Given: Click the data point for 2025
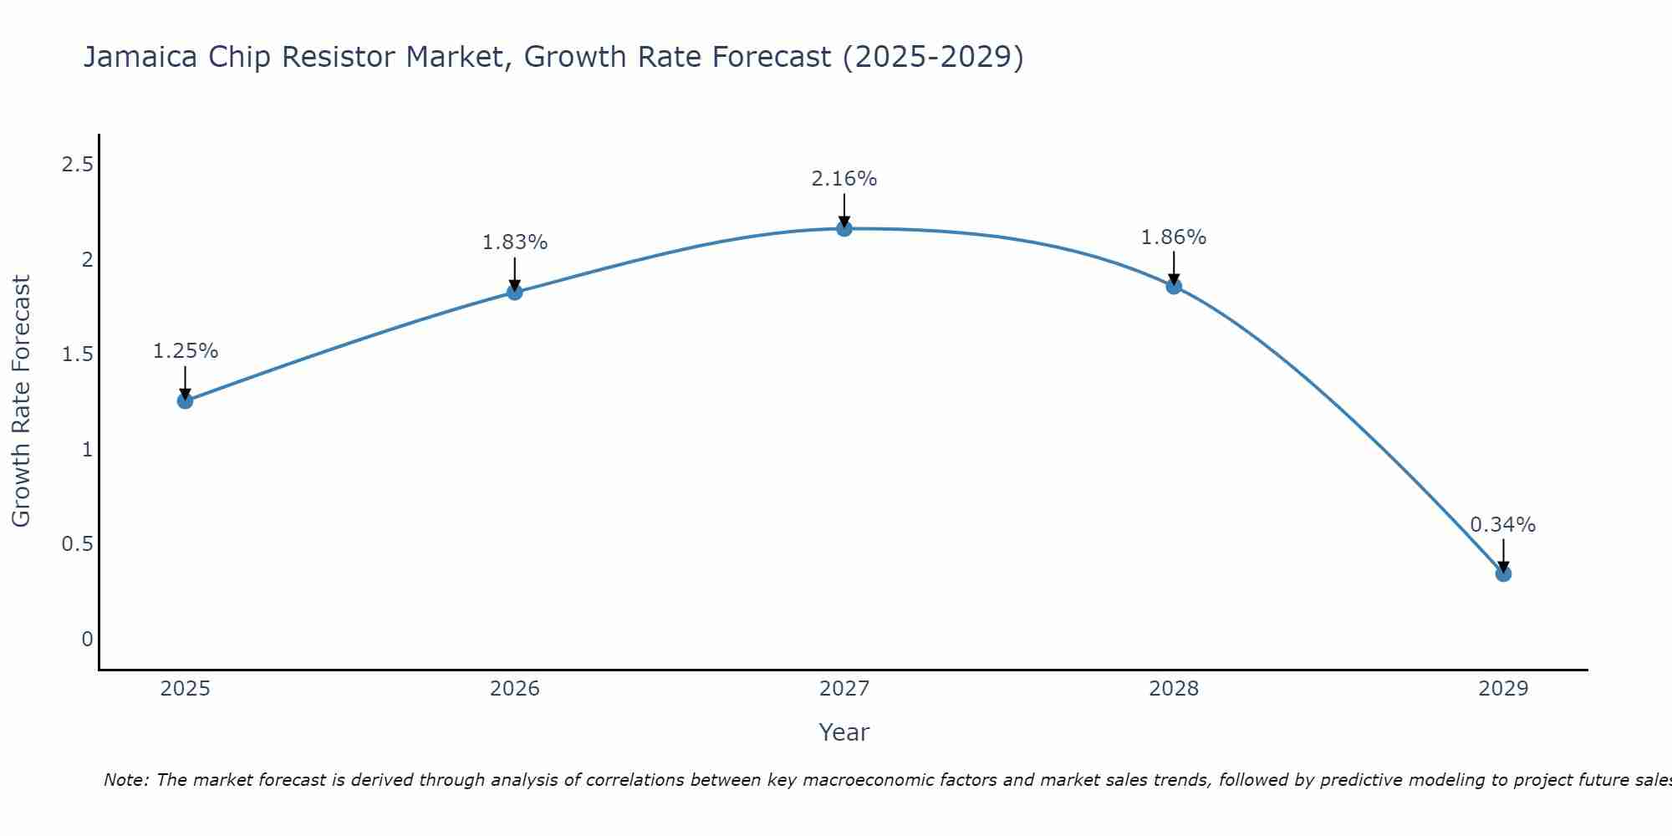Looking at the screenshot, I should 185,401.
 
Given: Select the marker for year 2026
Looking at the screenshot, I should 515,292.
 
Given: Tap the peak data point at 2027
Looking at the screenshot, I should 844,228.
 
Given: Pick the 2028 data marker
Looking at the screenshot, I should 1174,286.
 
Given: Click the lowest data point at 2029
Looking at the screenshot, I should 1503,573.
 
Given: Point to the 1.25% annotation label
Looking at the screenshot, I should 185,351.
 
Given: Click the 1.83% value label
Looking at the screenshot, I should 515,242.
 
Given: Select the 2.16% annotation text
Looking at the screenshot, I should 844,179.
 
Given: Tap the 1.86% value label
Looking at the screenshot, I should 1174,237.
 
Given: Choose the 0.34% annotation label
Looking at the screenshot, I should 1503,525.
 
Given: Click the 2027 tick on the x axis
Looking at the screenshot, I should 844,689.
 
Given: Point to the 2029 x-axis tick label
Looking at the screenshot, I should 1503,689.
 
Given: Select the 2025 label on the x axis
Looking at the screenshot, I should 185,689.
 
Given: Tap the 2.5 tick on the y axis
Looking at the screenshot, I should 77,165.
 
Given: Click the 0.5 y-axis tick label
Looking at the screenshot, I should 77,544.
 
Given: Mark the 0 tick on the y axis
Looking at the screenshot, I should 87,640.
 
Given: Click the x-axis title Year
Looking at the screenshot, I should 844,732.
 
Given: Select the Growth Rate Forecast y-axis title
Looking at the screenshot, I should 21,401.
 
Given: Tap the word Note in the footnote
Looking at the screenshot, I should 125,780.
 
